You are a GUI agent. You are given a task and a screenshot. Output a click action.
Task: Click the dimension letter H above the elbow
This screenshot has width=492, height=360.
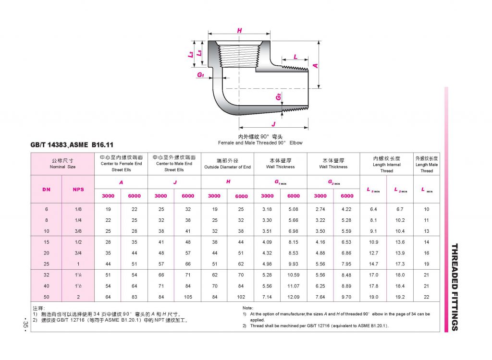point(239,31)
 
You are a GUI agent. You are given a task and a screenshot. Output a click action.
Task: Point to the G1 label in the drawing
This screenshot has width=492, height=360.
point(200,75)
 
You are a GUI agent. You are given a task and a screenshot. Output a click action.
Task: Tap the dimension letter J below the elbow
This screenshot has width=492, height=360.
point(273,123)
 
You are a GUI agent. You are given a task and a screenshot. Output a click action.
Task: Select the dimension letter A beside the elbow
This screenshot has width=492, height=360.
point(316,65)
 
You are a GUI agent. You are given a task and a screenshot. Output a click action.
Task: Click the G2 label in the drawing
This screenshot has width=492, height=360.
point(278,97)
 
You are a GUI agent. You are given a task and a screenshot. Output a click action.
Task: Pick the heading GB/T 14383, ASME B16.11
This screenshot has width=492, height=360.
point(72,144)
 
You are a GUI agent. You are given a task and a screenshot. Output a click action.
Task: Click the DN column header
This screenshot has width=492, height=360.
point(46,189)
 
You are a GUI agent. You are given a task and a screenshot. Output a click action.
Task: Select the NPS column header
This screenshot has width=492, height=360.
point(78,189)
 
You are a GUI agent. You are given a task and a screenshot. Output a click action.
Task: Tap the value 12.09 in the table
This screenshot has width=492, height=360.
point(294,297)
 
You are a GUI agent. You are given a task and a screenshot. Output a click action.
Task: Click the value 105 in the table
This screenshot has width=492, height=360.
point(188,297)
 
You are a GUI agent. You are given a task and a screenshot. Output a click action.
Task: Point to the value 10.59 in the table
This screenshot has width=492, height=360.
point(294,275)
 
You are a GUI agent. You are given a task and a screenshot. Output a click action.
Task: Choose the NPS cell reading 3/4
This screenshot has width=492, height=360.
point(78,253)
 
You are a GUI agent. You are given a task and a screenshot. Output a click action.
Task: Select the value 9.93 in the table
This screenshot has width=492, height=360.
point(294,264)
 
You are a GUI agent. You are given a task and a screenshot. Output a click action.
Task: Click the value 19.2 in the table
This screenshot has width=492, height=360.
point(400,297)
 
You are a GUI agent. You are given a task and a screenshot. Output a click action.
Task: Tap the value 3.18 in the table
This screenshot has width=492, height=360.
point(267,209)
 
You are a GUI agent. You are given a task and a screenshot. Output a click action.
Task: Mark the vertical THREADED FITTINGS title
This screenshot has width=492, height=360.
point(455,287)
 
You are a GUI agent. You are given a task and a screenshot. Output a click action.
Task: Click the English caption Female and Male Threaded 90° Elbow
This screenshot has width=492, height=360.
point(260,143)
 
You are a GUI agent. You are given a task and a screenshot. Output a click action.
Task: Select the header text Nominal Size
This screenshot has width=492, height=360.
point(62,167)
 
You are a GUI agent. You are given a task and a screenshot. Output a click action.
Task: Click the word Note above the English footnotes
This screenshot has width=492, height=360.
point(248,308)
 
